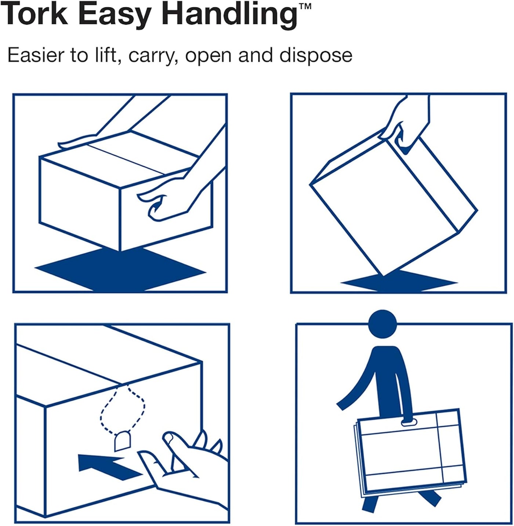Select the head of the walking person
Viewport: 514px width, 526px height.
coord(382,324)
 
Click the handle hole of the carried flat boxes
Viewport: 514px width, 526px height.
coord(408,423)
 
